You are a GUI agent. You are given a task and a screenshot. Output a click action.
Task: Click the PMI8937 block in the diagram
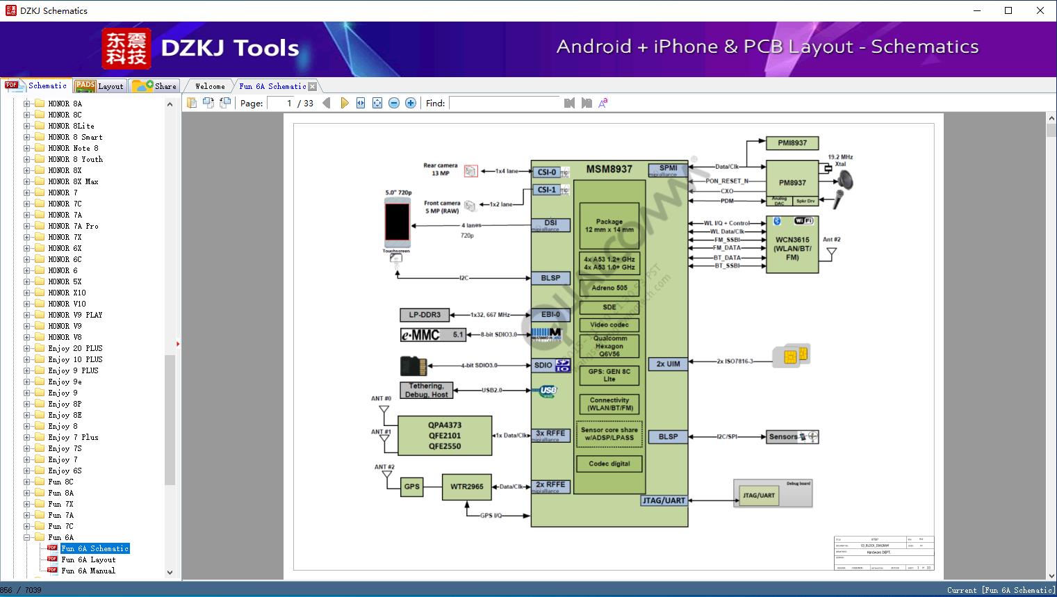click(x=792, y=143)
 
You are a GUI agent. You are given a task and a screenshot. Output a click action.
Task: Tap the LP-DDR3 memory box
click(x=425, y=315)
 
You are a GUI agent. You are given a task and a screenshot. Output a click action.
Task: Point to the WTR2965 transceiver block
click(x=466, y=486)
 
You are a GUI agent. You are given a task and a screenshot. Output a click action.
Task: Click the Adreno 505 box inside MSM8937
click(x=609, y=288)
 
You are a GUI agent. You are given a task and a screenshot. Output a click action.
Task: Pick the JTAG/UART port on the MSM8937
click(x=664, y=500)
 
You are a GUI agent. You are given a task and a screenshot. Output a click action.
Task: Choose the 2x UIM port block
click(x=668, y=363)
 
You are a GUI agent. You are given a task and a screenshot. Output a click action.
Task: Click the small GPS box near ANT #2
click(x=412, y=486)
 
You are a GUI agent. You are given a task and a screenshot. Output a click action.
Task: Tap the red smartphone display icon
click(x=397, y=222)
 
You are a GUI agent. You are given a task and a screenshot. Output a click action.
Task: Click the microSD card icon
click(x=413, y=366)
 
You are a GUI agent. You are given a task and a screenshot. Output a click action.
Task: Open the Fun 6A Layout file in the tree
click(x=88, y=559)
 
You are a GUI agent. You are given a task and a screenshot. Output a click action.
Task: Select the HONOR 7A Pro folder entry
click(x=73, y=226)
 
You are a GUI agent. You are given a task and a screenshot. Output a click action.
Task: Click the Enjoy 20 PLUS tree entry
click(x=75, y=348)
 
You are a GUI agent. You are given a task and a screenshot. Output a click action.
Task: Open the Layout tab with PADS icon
click(x=99, y=86)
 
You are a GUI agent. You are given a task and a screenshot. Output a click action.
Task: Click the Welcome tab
click(x=210, y=86)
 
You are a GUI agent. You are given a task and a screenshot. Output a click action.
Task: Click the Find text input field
click(x=504, y=103)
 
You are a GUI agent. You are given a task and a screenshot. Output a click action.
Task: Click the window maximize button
click(x=1008, y=10)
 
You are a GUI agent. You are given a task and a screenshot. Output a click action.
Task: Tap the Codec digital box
click(x=609, y=464)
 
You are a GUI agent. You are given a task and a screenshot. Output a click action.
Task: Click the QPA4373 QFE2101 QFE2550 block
click(x=444, y=436)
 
